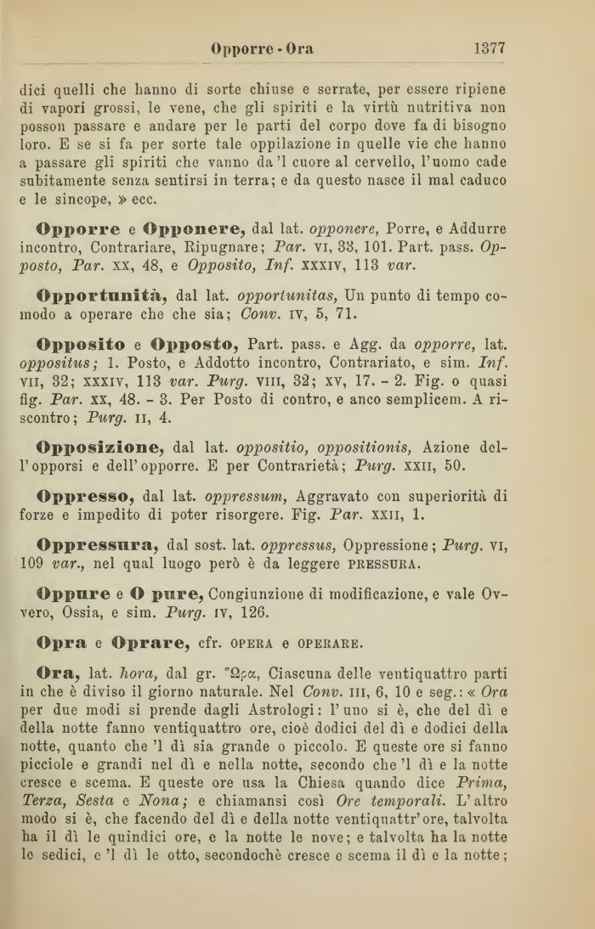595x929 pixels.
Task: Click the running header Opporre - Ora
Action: click(262, 49)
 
